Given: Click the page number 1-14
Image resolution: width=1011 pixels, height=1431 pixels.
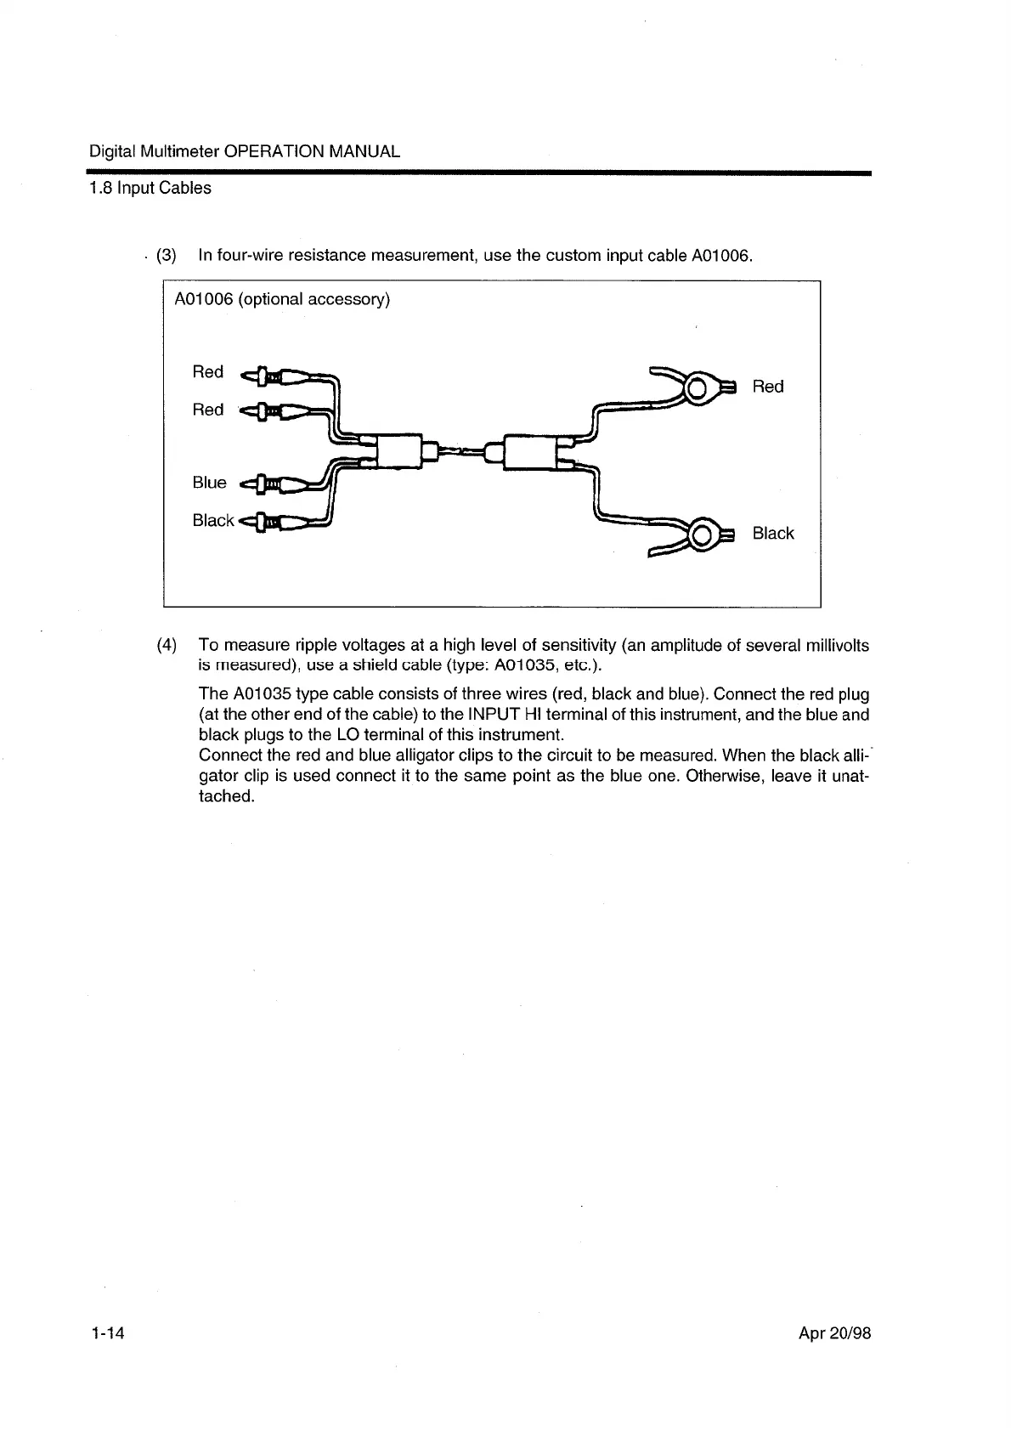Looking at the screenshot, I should [107, 1332].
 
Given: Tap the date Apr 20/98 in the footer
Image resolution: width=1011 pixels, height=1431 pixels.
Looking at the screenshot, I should [834, 1332].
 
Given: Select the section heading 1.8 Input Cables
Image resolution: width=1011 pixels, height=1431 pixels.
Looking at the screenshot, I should [150, 188].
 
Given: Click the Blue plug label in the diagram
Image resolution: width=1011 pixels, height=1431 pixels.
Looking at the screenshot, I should [209, 483].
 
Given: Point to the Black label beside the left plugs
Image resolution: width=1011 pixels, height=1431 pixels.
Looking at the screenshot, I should [212, 520].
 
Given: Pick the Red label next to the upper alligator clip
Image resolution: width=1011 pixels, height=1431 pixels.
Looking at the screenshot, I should [767, 387].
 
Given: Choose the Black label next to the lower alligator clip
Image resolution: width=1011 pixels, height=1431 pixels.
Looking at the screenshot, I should [772, 534].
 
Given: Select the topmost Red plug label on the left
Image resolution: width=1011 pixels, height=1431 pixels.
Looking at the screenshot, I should [207, 372].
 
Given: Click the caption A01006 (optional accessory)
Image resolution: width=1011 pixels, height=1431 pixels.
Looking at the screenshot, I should [281, 300].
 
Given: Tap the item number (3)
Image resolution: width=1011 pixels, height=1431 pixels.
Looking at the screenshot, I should [167, 255].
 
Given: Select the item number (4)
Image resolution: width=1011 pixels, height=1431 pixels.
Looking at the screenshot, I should [167, 645].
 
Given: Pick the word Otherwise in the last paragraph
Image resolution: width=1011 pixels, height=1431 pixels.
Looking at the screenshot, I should [721, 776].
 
